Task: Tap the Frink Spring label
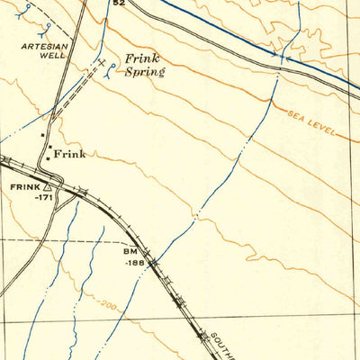pyautogui.click(x=143, y=63)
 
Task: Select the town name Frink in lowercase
pyautogui.click(x=70, y=155)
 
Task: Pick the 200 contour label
pyautogui.click(x=111, y=306)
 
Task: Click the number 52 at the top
pyautogui.click(x=118, y=4)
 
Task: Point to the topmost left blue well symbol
pyautogui.click(x=30, y=7)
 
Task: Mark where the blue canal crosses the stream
pyautogui.click(x=281, y=57)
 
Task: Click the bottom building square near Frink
pyautogui.click(x=48, y=158)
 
